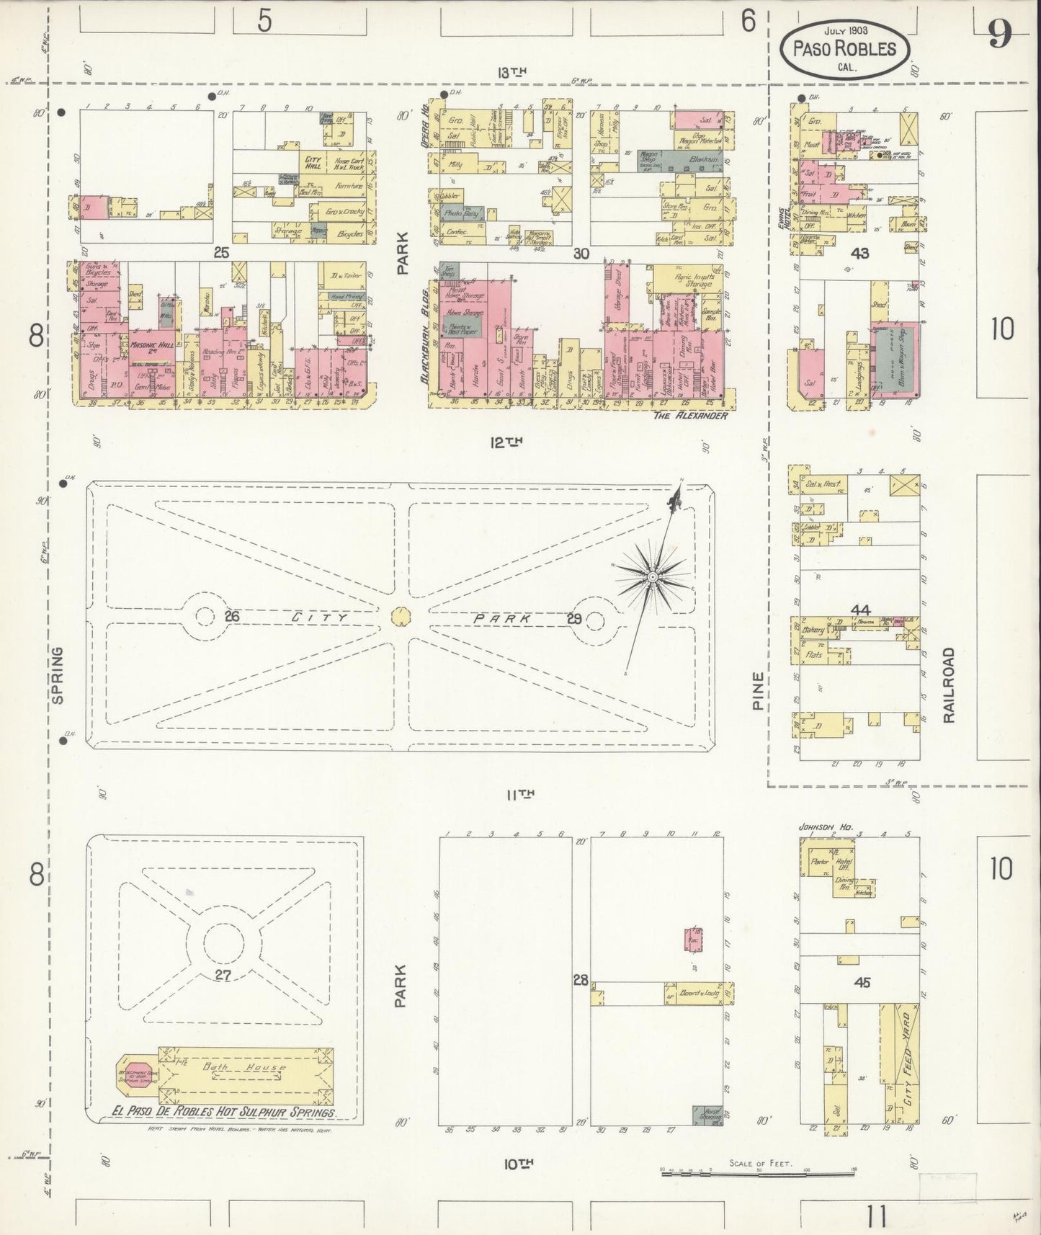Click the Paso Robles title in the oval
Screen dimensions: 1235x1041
click(844, 48)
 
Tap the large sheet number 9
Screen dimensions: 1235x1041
click(999, 34)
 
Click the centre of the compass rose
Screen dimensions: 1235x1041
click(653, 577)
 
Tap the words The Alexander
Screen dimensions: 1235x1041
click(690, 416)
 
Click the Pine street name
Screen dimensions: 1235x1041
click(757, 691)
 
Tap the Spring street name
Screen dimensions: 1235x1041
click(57, 674)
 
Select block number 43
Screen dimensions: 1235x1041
click(860, 253)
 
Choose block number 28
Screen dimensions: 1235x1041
click(580, 980)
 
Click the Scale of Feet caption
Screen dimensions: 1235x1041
click(760, 1163)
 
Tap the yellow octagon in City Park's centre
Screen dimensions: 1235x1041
click(401, 616)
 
